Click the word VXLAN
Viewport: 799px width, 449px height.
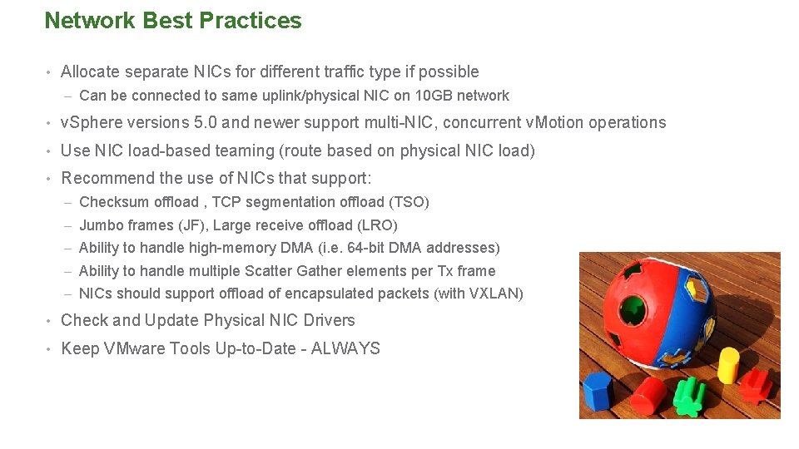pos(495,294)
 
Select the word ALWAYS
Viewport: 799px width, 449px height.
pos(346,349)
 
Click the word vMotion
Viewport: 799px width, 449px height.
pos(555,123)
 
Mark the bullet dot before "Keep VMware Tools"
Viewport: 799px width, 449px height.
pos(50,349)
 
